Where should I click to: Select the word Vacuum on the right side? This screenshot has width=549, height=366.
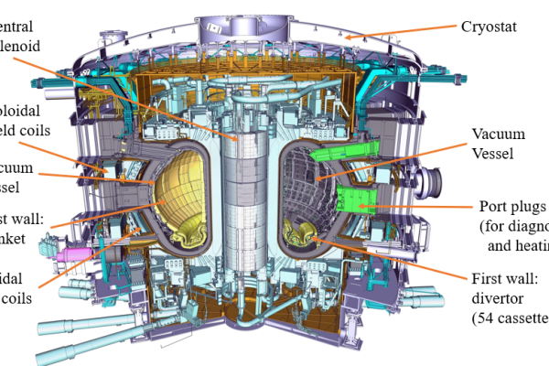498,135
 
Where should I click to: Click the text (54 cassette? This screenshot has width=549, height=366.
509,318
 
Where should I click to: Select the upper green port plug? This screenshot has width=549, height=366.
340,150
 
